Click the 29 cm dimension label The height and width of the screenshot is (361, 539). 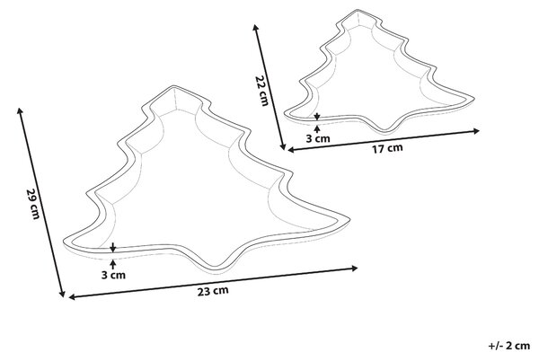coord(33,203)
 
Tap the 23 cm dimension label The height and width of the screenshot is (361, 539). coord(213,291)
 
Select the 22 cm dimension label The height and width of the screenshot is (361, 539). coord(261,91)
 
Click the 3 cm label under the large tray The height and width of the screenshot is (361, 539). coord(113,275)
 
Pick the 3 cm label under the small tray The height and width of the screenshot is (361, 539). coord(318,139)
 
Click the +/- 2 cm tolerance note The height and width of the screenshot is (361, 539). coord(509,346)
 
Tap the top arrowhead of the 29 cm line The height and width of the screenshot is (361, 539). coord(20,110)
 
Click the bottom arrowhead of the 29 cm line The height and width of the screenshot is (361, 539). coord(62,294)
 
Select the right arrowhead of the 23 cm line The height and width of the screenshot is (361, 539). coord(355,268)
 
